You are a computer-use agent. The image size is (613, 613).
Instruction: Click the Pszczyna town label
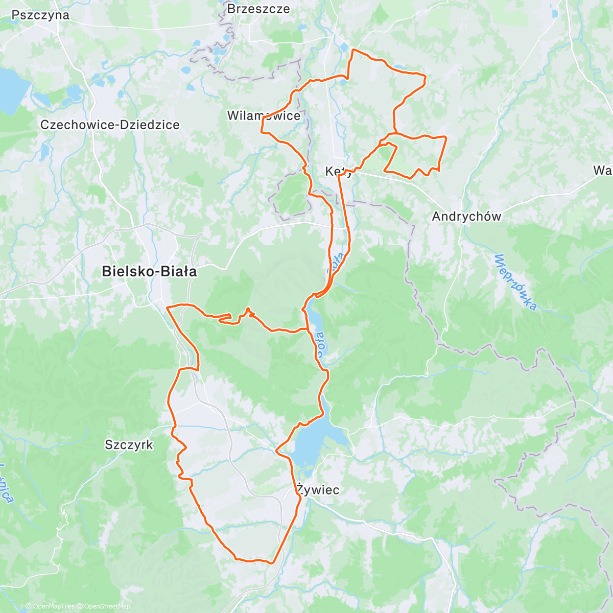pyautogui.click(x=40, y=15)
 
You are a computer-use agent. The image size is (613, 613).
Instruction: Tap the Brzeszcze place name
pyautogui.click(x=258, y=9)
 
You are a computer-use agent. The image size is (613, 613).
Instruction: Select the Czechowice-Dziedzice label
pyautogui.click(x=110, y=125)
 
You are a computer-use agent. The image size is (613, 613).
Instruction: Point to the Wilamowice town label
pyautogui.click(x=264, y=116)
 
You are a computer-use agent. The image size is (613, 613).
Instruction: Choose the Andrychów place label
pyautogui.click(x=466, y=216)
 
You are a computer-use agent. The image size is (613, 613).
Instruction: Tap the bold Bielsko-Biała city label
pyautogui.click(x=149, y=271)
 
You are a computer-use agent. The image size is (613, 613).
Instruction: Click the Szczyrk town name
pyautogui.click(x=129, y=445)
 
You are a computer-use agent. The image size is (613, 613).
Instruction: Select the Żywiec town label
pyautogui.click(x=318, y=490)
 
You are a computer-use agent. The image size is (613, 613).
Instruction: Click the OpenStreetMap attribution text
pyautogui.click(x=107, y=606)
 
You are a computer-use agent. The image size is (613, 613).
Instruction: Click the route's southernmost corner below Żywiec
pyautogui.click(x=271, y=562)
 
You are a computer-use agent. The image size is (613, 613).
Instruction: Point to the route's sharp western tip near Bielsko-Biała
pyautogui.click(x=168, y=307)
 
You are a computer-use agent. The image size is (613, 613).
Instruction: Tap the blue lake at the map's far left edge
pyautogui.click(x=11, y=89)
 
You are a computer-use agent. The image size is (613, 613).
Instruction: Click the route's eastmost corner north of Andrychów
pyautogui.click(x=446, y=137)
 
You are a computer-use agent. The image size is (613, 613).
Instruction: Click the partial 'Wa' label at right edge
pyautogui.click(x=603, y=170)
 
